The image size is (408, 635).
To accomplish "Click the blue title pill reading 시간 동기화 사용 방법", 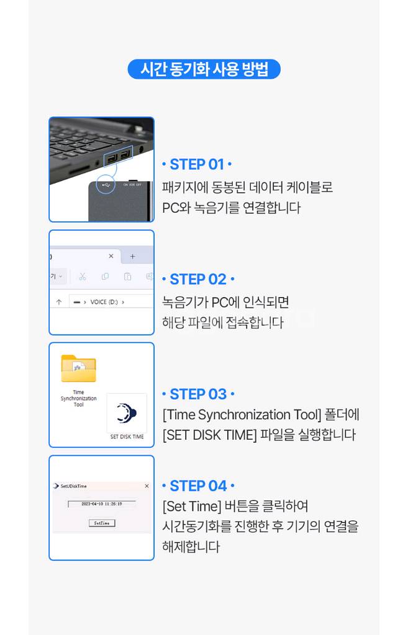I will click(x=204, y=69).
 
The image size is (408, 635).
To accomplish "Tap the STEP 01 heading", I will click(x=196, y=164).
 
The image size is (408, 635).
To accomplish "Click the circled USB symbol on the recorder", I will click(x=106, y=184).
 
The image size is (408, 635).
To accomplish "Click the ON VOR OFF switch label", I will click(x=132, y=184).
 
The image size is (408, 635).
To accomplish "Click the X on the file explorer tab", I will click(x=111, y=255).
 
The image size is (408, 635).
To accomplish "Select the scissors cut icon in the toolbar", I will click(x=83, y=276).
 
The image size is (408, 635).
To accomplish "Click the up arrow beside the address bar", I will click(x=59, y=302).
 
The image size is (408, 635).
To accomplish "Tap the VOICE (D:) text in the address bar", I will click(x=104, y=302).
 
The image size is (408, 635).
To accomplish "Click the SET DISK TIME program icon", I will click(x=127, y=412).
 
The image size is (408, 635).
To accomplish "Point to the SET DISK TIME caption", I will click(x=127, y=437).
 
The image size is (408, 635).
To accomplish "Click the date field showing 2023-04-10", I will click(x=101, y=504).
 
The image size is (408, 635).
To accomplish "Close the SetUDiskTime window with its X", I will click(x=147, y=486).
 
